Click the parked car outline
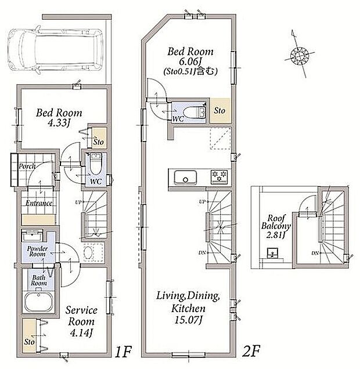(55, 50)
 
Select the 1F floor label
(123, 352)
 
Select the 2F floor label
(251, 352)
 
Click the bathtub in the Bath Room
(39, 302)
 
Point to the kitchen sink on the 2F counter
(185, 178)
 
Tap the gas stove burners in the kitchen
(219, 177)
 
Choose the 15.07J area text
(188, 320)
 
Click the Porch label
(27, 167)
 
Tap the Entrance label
(39, 203)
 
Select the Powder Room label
(37, 251)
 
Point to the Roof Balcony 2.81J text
(276, 226)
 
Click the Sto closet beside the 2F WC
(220, 110)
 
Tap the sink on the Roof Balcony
(273, 253)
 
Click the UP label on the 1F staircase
(78, 202)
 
